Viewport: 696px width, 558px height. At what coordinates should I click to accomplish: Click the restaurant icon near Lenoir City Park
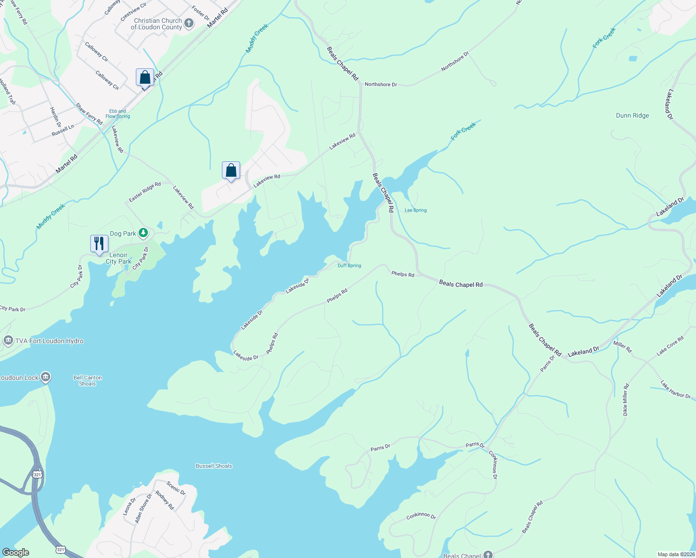coord(99,244)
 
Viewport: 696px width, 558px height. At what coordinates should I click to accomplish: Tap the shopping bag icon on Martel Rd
coord(145,77)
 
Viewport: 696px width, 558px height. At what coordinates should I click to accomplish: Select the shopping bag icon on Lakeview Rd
coord(231,171)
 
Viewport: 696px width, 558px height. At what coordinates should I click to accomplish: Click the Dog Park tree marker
coord(144,232)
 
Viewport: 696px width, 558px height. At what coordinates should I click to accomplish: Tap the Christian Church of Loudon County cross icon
coord(188,23)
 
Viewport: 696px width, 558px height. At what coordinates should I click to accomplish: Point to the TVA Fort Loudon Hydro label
coord(49,341)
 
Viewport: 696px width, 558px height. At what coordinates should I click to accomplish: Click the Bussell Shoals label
coord(214,466)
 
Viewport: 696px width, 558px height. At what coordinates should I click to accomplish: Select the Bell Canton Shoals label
coord(87,380)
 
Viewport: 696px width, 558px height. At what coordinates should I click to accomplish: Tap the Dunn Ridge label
coord(632,115)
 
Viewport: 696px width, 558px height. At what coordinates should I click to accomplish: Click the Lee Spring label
coord(415,210)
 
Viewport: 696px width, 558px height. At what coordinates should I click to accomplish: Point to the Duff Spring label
coord(349,266)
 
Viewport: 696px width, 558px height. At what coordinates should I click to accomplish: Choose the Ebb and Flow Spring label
coord(118,114)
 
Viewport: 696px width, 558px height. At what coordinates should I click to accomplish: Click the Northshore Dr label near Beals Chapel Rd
coord(381,85)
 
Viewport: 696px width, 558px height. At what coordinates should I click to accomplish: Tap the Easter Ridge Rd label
coord(145,192)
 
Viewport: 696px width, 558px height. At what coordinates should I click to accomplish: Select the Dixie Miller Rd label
coord(625,399)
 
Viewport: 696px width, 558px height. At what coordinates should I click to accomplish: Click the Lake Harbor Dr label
coord(675,390)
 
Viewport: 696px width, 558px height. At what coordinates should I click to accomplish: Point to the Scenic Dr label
coord(176,488)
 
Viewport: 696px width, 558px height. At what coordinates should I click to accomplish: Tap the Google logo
coord(16,552)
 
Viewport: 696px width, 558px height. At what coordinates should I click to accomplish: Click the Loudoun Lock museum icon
coord(46,377)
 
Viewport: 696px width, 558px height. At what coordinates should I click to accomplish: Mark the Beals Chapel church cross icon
coord(488,554)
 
